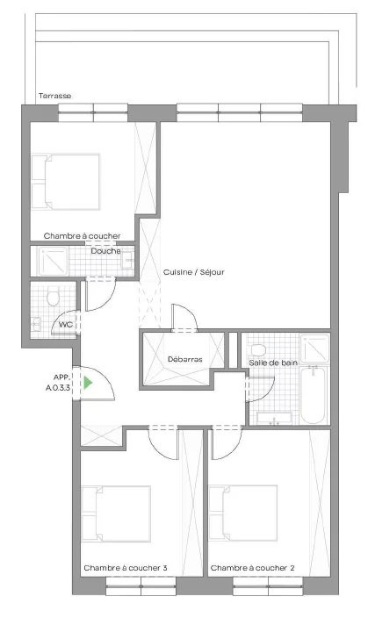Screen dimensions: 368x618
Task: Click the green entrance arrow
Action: pos(88,383)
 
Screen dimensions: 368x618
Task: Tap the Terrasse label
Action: pos(54,96)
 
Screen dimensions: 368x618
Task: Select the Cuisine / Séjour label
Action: pos(194,272)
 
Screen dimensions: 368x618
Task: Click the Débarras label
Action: pos(185,359)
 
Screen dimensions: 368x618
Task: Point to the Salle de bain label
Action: pos(273,363)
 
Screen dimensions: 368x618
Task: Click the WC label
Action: pos(66,325)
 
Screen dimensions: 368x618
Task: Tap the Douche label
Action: pos(105,251)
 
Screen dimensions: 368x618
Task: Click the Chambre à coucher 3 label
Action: pos(126,568)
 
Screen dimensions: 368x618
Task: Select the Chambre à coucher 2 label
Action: pos(252,568)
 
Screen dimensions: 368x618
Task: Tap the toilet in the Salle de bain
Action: pos(258,349)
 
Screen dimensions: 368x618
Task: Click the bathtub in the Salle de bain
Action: pos(313,394)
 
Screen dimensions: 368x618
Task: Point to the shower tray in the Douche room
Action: pos(53,261)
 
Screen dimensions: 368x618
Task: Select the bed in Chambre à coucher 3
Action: pos(116,514)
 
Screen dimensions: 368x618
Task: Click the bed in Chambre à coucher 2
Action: pos(243,514)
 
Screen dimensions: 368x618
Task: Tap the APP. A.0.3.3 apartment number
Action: pos(58,383)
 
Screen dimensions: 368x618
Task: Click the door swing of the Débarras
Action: pos(184,317)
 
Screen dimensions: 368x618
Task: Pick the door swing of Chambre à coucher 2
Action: pos(227,443)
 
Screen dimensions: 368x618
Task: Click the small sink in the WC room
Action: pos(36,324)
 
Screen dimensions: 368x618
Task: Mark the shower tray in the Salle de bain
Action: pos(314,349)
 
